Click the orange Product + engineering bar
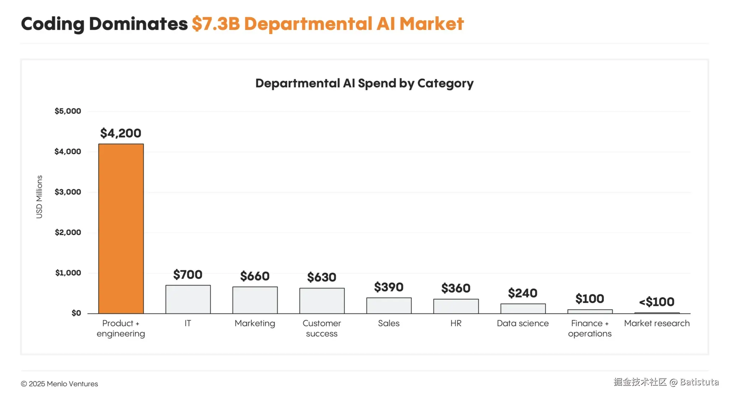tap(121, 228)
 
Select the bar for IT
tap(188, 299)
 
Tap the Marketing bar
tap(255, 300)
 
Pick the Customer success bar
tap(322, 301)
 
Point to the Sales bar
tap(389, 306)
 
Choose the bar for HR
tap(456, 306)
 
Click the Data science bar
tap(523, 309)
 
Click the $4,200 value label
tap(121, 133)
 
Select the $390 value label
tap(389, 287)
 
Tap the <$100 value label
tap(657, 302)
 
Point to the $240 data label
tap(523, 293)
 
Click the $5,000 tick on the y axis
tap(68, 111)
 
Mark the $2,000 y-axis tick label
tap(68, 233)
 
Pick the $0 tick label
tap(76, 313)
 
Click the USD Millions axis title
tap(39, 197)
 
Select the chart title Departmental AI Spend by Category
tap(364, 83)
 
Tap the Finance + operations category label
tap(590, 328)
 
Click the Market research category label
tap(657, 323)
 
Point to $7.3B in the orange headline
tap(216, 24)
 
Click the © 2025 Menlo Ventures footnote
tap(59, 384)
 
